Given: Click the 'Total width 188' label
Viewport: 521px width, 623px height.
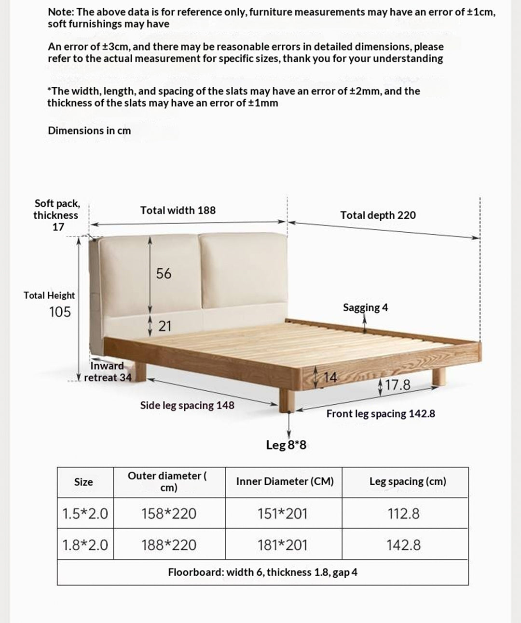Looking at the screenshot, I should pos(178,211).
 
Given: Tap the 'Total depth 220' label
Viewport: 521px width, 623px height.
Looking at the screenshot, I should pos(378,215).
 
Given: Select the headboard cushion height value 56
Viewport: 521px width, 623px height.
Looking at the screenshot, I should pos(164,274).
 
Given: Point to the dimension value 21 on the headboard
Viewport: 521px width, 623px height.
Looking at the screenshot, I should pos(165,326).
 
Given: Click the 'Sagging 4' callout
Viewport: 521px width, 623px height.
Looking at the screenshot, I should pos(365,307).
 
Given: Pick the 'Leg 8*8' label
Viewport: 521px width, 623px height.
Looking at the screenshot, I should pos(286,445).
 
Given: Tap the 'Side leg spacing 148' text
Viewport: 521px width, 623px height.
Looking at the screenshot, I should pos(187,405).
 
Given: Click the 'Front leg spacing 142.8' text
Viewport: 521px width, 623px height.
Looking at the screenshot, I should pos(381,414).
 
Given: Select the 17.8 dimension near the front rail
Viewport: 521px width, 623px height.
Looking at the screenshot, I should pos(398,385).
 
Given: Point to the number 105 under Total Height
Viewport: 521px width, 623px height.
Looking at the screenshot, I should pos(60,312).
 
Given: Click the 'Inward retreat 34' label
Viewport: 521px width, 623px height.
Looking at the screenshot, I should pos(108,372).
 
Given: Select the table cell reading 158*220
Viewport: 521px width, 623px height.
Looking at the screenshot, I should pos(169,514).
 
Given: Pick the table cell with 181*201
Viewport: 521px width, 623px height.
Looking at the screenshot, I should pos(283,545).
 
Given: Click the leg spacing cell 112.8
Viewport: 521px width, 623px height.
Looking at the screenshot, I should pos(403,514).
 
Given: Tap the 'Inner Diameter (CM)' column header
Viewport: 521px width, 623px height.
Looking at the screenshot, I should pos(285,481).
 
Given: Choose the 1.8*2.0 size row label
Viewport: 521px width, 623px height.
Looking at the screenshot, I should pos(85,545).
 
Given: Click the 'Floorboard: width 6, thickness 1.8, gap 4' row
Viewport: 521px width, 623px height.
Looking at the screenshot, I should pos(262,572).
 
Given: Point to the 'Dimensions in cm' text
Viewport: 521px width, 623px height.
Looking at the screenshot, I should pos(89,131).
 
